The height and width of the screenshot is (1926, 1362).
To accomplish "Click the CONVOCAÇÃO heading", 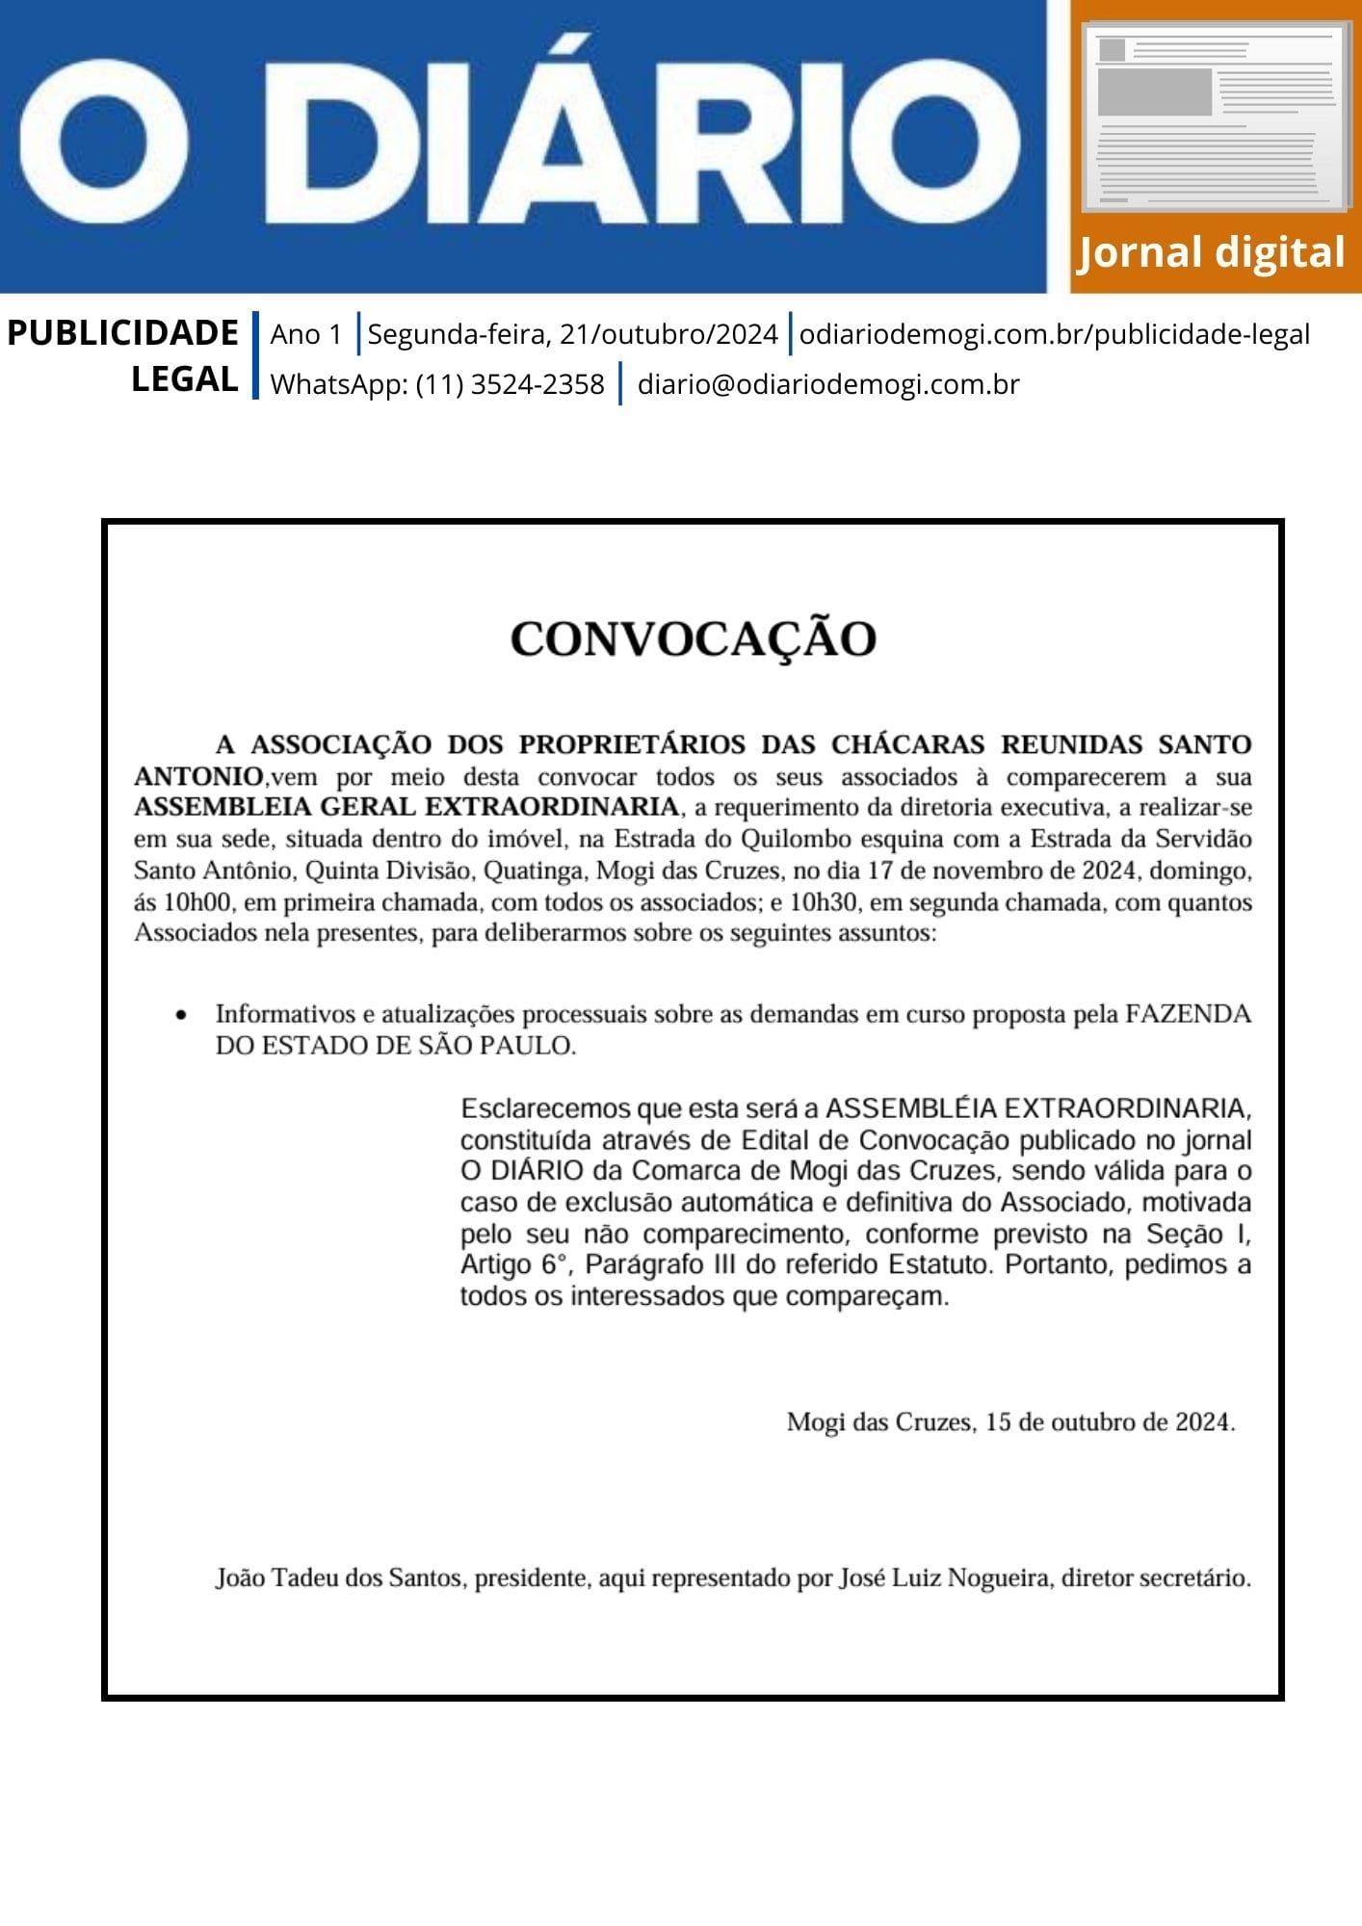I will pos(693,638).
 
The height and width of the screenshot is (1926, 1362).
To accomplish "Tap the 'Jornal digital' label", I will pos(1211,252).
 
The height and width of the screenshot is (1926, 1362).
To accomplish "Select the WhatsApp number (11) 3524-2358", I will pos(510,384).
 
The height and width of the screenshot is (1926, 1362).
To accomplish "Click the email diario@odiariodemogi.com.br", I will pos(828,384).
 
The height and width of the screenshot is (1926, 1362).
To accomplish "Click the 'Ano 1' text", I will pos(306,334).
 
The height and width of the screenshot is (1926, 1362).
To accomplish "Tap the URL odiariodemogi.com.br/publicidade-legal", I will pos(1054,334).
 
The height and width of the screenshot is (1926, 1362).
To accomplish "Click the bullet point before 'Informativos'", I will pos(181,1015).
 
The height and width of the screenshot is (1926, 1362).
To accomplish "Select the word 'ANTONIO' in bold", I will pos(198,776).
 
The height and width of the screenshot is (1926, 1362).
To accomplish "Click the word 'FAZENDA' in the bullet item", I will pos(1188,1014).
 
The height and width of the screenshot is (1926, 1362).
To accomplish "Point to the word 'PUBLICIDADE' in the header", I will pos(122,333).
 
